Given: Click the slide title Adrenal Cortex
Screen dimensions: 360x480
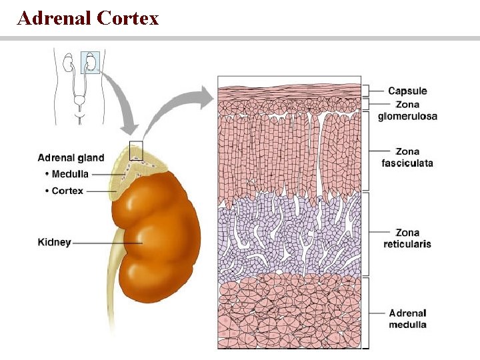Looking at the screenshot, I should [88, 18].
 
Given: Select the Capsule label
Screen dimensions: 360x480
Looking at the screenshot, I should [407, 91].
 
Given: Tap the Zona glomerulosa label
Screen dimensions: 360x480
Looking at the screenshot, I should [407, 110].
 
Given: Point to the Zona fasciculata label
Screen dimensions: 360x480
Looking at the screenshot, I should [407, 157].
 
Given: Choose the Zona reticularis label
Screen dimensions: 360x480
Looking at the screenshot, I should [407, 238].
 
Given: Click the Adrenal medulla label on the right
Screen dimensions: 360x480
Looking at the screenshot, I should [407, 319].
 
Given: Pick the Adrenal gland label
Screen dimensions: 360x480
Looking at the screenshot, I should [71, 158].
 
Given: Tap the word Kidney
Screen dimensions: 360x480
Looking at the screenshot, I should [54, 243].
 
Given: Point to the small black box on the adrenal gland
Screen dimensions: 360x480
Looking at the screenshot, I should [136, 151].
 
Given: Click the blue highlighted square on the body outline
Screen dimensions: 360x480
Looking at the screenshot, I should [90, 62].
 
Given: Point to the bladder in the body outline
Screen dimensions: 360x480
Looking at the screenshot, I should [79, 103].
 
